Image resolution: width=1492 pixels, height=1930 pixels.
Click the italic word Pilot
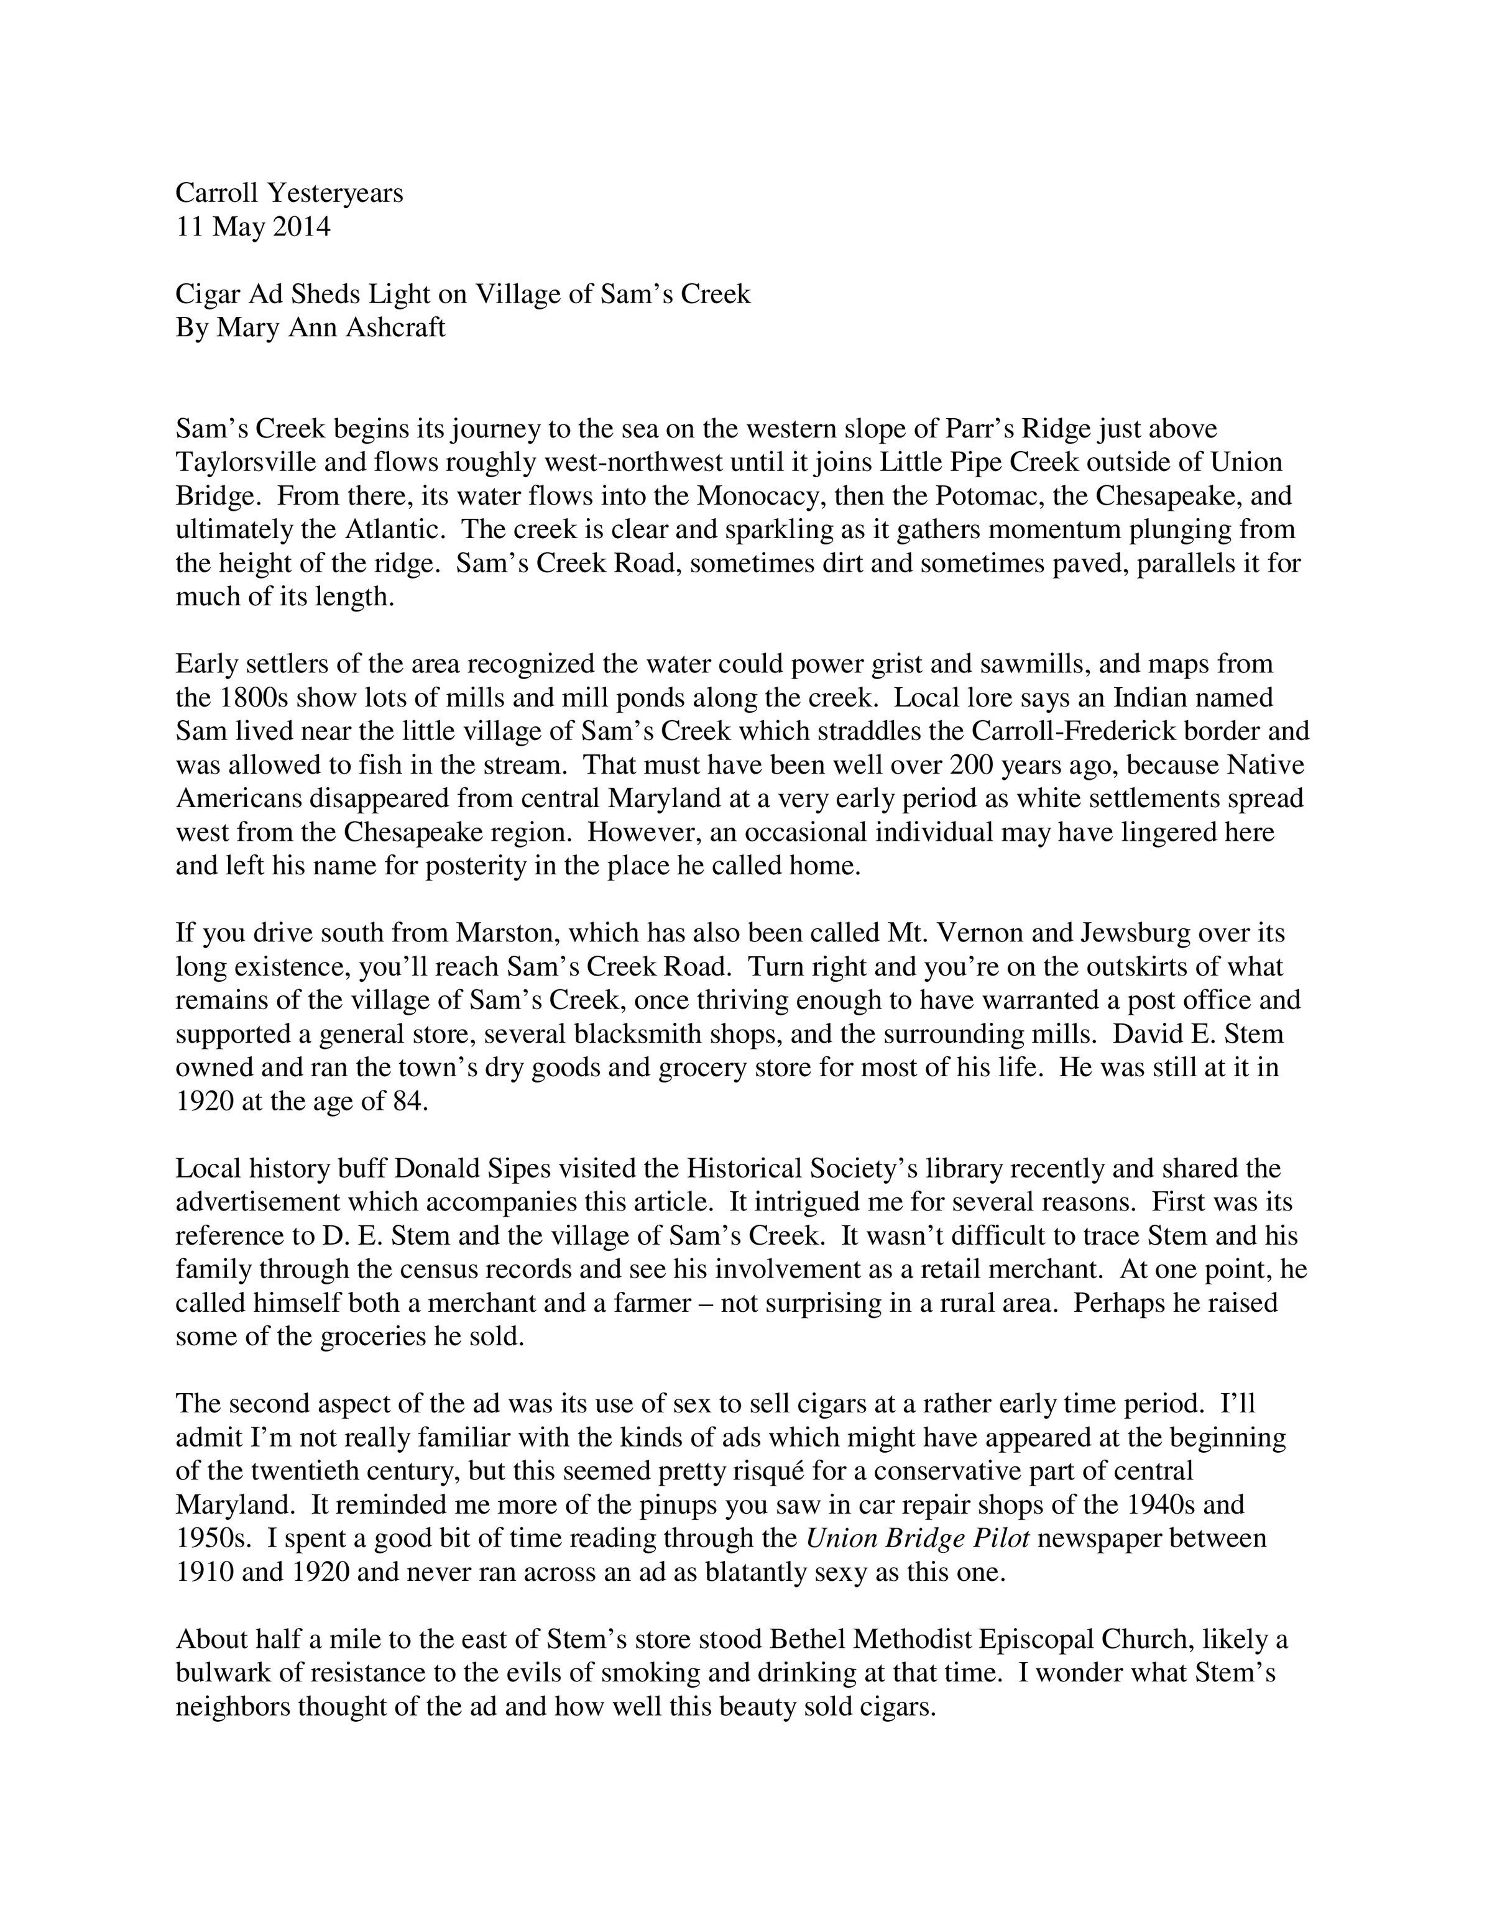(1000, 1539)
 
